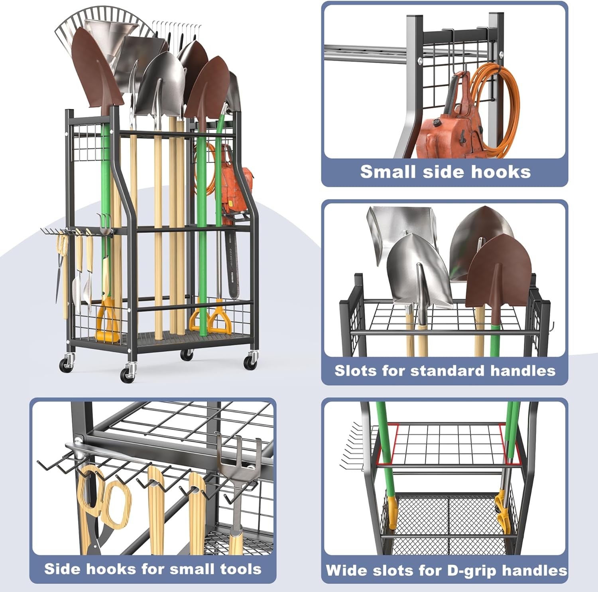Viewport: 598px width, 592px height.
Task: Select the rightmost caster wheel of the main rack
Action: [250, 361]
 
